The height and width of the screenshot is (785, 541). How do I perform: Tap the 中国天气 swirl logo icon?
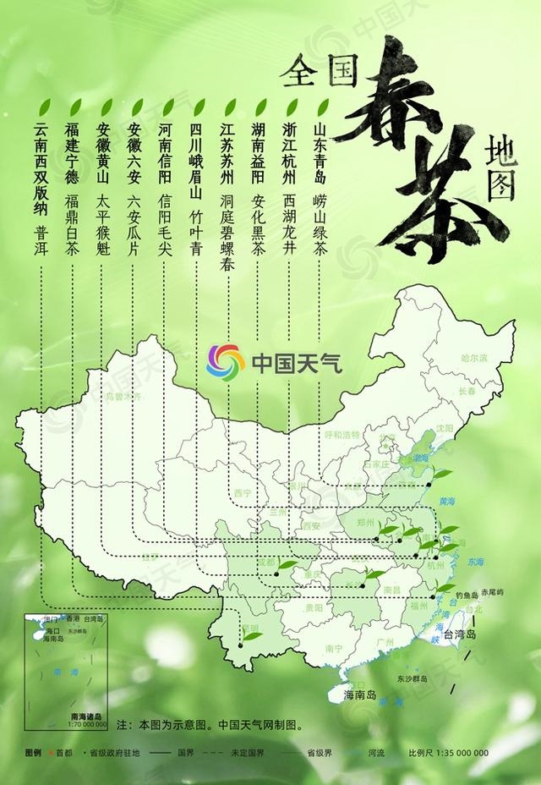click(225, 363)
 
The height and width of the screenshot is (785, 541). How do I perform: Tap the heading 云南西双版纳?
click(41, 173)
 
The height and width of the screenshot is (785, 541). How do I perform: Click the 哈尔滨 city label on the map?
click(474, 359)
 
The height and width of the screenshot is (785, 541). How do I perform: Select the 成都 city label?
click(266, 562)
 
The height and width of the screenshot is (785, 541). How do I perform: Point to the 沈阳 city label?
click(445, 428)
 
